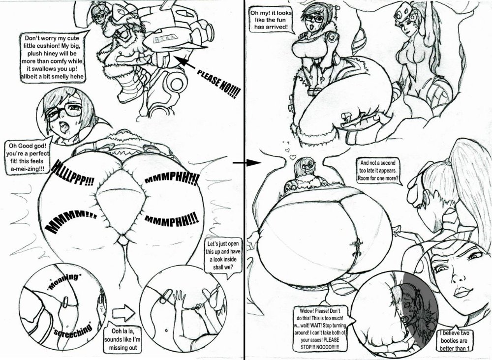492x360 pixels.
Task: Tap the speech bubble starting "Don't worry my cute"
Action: pos(53,57)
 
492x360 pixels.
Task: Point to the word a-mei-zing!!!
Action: pos(25,169)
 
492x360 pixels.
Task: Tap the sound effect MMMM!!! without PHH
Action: pos(70,222)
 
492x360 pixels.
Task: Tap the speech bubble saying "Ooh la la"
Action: pos(123,339)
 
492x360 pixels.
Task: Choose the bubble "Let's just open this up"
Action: pos(223,256)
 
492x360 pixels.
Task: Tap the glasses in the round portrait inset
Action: pos(64,113)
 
